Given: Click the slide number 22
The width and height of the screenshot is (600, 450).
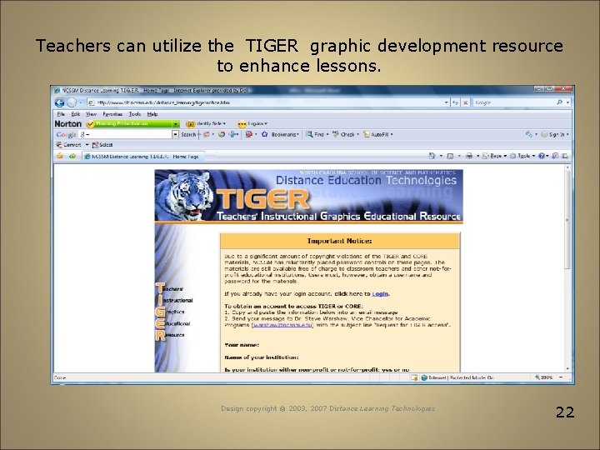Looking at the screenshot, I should pyautogui.click(x=565, y=411).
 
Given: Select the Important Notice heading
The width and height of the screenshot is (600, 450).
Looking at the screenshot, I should pyautogui.click(x=339, y=241).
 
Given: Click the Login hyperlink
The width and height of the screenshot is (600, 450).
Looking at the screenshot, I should pyautogui.click(x=380, y=293).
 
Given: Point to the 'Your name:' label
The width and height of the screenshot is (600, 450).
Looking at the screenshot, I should pyautogui.click(x=242, y=345).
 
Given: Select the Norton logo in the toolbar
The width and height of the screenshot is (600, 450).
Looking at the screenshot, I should pyautogui.click(x=68, y=123).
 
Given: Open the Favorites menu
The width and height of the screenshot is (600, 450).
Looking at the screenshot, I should pyautogui.click(x=112, y=113).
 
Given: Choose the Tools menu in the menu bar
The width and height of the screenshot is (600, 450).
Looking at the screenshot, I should pyautogui.click(x=134, y=113).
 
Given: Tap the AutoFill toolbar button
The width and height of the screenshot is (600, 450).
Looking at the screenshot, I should pyautogui.click(x=378, y=134).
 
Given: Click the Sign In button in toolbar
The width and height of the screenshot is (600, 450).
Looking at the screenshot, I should pyautogui.click(x=555, y=134).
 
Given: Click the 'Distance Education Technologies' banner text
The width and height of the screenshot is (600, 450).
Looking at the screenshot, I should pyautogui.click(x=366, y=180).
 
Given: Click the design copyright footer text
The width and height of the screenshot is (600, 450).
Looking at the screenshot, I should pyautogui.click(x=327, y=408).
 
